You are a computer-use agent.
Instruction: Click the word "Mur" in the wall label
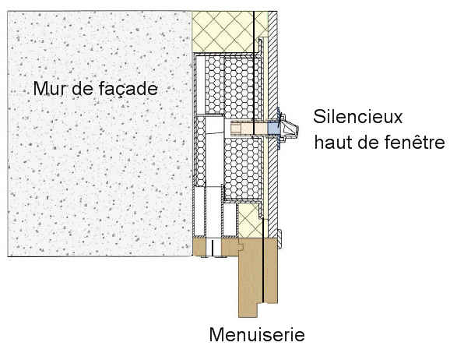tap(50, 88)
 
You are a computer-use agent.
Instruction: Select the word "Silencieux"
tap(357, 117)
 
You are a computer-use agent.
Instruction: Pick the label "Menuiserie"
tap(257, 334)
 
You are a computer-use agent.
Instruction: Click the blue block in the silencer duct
tap(272, 129)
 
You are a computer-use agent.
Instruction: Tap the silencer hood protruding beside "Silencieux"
tap(289, 129)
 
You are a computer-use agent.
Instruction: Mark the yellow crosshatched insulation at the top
tap(230, 31)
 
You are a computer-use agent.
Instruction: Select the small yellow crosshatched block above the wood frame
tap(248, 220)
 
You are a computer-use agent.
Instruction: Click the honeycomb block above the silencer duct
tap(233, 87)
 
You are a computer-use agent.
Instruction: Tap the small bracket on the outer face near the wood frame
tap(279, 239)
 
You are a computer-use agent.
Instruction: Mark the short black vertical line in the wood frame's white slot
tap(213, 247)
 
